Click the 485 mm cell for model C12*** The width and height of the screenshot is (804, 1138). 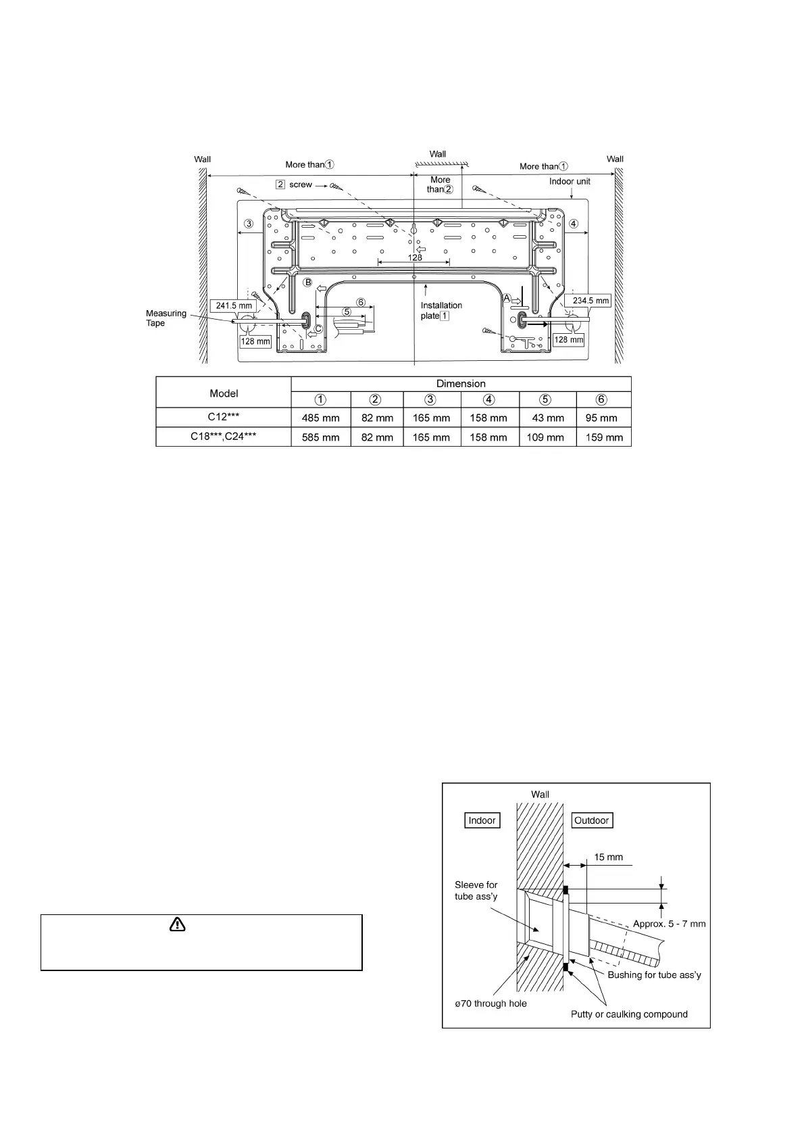[320, 418]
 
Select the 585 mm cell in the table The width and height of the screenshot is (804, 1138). [320, 437]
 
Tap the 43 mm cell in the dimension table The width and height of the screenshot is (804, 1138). [548, 418]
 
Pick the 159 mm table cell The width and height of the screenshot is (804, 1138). [604, 437]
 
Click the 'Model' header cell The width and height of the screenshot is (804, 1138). [224, 393]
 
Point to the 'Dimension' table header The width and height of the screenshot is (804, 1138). [461, 384]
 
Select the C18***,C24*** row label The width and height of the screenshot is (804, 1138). [224, 437]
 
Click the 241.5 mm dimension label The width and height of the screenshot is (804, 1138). [234, 305]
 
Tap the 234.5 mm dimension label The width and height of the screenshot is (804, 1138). [591, 301]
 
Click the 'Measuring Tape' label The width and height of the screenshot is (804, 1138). [166, 318]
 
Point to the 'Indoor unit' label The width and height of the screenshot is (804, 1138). [570, 181]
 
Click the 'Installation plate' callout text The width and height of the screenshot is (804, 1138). [441, 310]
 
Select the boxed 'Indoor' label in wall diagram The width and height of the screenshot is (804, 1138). [482, 820]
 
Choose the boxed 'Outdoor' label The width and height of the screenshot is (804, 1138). [591, 820]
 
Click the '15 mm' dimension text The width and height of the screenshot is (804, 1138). [608, 857]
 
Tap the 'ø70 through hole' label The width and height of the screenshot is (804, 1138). [491, 1004]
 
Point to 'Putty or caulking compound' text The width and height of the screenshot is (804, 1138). [629, 1014]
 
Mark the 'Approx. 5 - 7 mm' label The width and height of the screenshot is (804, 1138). [669, 924]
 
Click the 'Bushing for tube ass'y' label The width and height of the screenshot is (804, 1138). [654, 974]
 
